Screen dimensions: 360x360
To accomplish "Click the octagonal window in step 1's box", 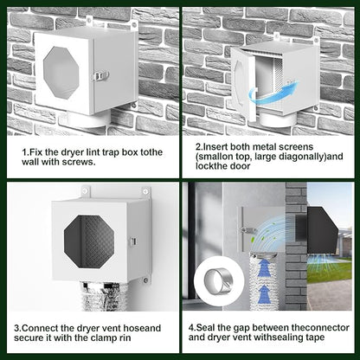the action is [61, 73].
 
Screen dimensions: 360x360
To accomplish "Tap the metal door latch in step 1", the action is [100, 76].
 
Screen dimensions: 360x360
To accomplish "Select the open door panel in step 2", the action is [243, 83].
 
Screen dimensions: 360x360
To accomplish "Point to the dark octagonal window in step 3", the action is [89, 241].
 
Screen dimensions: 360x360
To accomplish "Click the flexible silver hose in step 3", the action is [100, 296].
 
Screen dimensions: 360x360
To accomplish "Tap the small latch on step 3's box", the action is [133, 241].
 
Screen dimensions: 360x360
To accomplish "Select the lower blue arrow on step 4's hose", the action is [264, 294].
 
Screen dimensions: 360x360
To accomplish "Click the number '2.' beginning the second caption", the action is [199, 147].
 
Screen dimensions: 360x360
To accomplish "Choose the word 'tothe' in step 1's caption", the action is [151, 152].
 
